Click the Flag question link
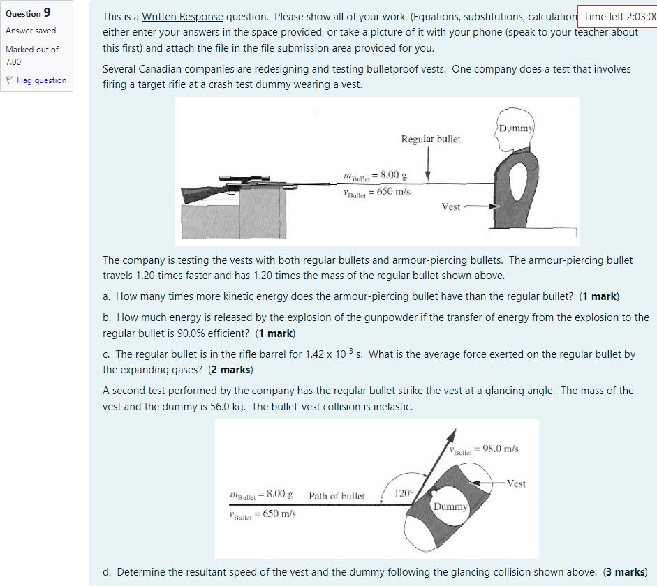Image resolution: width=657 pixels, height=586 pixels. (41, 80)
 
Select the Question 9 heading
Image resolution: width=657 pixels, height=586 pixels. (28, 13)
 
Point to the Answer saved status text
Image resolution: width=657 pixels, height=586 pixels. (31, 31)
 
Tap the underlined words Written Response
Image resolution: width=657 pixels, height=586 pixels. (183, 17)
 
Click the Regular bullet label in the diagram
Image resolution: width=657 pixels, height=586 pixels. (431, 139)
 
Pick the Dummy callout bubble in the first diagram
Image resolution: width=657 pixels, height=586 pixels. (516, 128)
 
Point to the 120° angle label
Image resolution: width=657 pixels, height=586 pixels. (403, 493)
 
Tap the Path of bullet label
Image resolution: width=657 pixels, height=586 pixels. (337, 496)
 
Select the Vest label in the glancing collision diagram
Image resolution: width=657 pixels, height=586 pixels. (516, 483)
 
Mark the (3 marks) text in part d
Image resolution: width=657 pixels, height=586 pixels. (625, 572)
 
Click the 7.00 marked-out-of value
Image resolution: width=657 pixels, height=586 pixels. (15, 62)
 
